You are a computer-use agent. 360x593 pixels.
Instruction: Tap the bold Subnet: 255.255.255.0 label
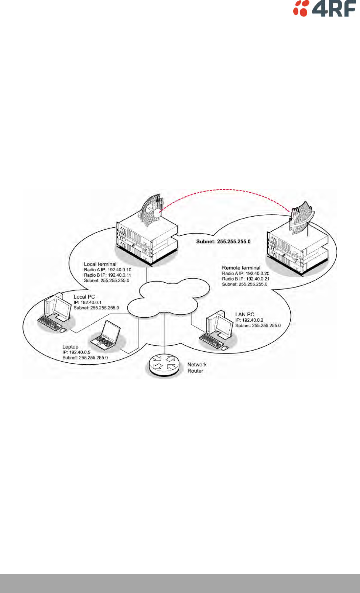(x=223, y=241)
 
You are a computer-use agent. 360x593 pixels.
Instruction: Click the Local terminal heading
(x=100, y=264)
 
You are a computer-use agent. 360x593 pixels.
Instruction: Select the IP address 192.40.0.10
(x=119, y=270)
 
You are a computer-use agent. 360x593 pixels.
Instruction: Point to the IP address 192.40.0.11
(x=119, y=275)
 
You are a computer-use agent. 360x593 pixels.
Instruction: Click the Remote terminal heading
(x=241, y=268)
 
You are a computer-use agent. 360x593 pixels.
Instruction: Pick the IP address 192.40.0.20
(x=257, y=273)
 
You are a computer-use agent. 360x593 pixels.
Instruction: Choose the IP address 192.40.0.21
(x=257, y=279)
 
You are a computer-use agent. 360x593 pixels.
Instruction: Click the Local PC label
(x=84, y=297)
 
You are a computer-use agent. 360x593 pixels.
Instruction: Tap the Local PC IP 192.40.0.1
(x=91, y=302)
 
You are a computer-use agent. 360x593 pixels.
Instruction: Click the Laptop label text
(x=70, y=347)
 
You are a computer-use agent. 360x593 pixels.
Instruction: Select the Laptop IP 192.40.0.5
(x=80, y=352)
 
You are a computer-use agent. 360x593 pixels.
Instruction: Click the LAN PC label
(x=245, y=315)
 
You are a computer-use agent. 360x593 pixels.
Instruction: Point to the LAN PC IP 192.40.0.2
(x=253, y=320)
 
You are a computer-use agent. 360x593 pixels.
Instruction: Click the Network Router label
(x=196, y=368)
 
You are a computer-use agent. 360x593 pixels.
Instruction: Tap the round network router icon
(x=164, y=366)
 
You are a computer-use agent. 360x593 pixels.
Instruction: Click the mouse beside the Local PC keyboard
(x=64, y=330)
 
